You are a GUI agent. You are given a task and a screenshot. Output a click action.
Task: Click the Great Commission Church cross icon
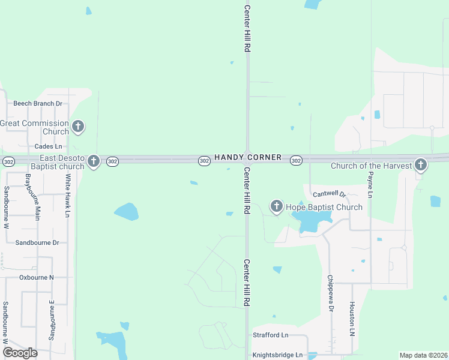tap(77, 127)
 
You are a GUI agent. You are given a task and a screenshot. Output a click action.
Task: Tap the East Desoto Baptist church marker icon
tap(93, 161)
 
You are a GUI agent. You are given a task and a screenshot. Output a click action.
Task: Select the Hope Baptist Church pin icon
tap(277, 207)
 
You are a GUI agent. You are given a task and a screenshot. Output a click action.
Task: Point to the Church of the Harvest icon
tap(421, 164)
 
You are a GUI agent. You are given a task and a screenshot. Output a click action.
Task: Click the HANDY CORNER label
tap(248, 157)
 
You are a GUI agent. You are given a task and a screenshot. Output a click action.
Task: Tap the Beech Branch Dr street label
tap(38, 103)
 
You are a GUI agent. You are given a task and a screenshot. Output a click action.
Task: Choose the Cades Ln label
tap(49, 146)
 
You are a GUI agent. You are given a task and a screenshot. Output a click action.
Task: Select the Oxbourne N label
tap(37, 277)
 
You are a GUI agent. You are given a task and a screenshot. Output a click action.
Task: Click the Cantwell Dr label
tap(330, 194)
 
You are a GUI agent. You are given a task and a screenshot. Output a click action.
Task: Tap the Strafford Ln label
tap(270, 334)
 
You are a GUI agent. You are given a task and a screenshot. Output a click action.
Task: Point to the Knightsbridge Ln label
tap(278, 355)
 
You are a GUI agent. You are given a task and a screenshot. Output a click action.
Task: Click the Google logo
tap(20, 353)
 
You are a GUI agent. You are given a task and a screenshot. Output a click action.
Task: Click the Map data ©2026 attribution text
tap(424, 355)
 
